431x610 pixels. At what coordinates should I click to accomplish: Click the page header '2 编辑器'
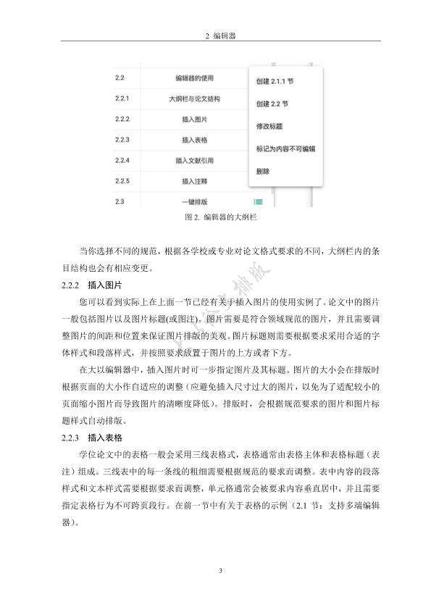coord(215,35)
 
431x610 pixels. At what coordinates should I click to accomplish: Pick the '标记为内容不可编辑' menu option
coord(285,149)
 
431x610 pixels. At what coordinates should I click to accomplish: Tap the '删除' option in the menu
coord(262,172)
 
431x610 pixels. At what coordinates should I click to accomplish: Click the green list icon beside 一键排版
coord(258,202)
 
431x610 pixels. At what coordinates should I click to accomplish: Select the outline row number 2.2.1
coord(122,98)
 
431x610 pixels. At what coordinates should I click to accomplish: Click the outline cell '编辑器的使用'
coord(194,78)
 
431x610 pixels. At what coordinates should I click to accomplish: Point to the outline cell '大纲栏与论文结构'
coord(194,98)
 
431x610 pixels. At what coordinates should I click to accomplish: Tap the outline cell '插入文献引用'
coord(194,160)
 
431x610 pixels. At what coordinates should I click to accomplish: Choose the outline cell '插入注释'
coord(194,180)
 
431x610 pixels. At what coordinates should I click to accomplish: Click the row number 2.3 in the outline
coord(120,201)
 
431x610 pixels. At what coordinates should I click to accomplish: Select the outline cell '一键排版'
coord(194,201)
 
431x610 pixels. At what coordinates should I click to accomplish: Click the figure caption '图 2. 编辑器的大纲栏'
coord(215,217)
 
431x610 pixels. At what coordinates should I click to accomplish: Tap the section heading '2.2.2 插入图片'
coord(91,286)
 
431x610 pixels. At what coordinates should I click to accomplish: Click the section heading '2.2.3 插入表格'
coord(91,438)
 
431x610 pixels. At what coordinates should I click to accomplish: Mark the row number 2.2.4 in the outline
coord(122,159)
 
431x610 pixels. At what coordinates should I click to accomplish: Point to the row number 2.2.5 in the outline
coord(122,180)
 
